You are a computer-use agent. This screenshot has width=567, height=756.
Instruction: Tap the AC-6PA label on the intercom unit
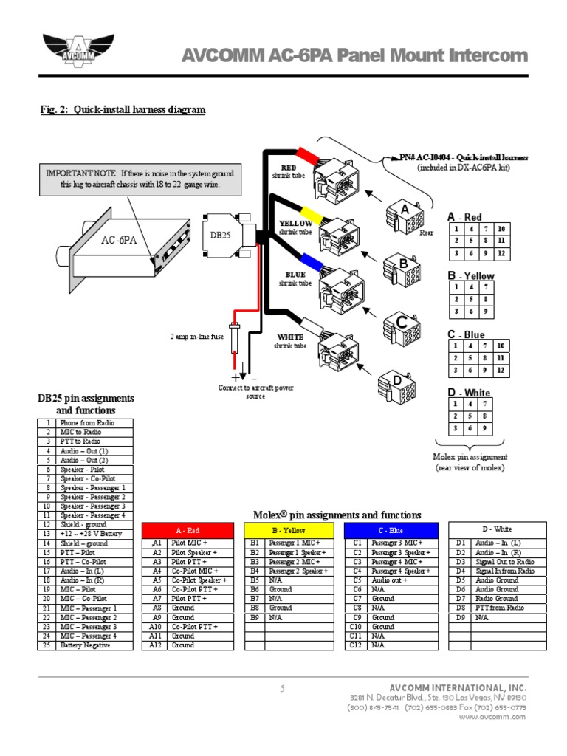click(x=119, y=241)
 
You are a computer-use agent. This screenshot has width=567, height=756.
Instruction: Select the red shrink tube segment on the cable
click(x=306, y=156)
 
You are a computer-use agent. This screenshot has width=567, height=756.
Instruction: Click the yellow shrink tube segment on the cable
click(x=308, y=216)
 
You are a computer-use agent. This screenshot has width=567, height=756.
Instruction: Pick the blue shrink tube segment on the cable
click(x=309, y=261)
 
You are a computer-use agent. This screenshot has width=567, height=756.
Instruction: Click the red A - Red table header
click(x=188, y=530)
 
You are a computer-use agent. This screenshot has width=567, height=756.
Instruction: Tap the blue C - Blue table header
click(x=391, y=530)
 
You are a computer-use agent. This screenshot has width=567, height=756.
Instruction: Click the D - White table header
click(x=497, y=529)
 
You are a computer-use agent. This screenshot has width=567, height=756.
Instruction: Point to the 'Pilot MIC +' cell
click(x=202, y=543)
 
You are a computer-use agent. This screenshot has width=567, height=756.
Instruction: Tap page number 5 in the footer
click(x=282, y=689)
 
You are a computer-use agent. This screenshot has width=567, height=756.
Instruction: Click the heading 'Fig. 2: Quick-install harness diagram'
click(x=123, y=110)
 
